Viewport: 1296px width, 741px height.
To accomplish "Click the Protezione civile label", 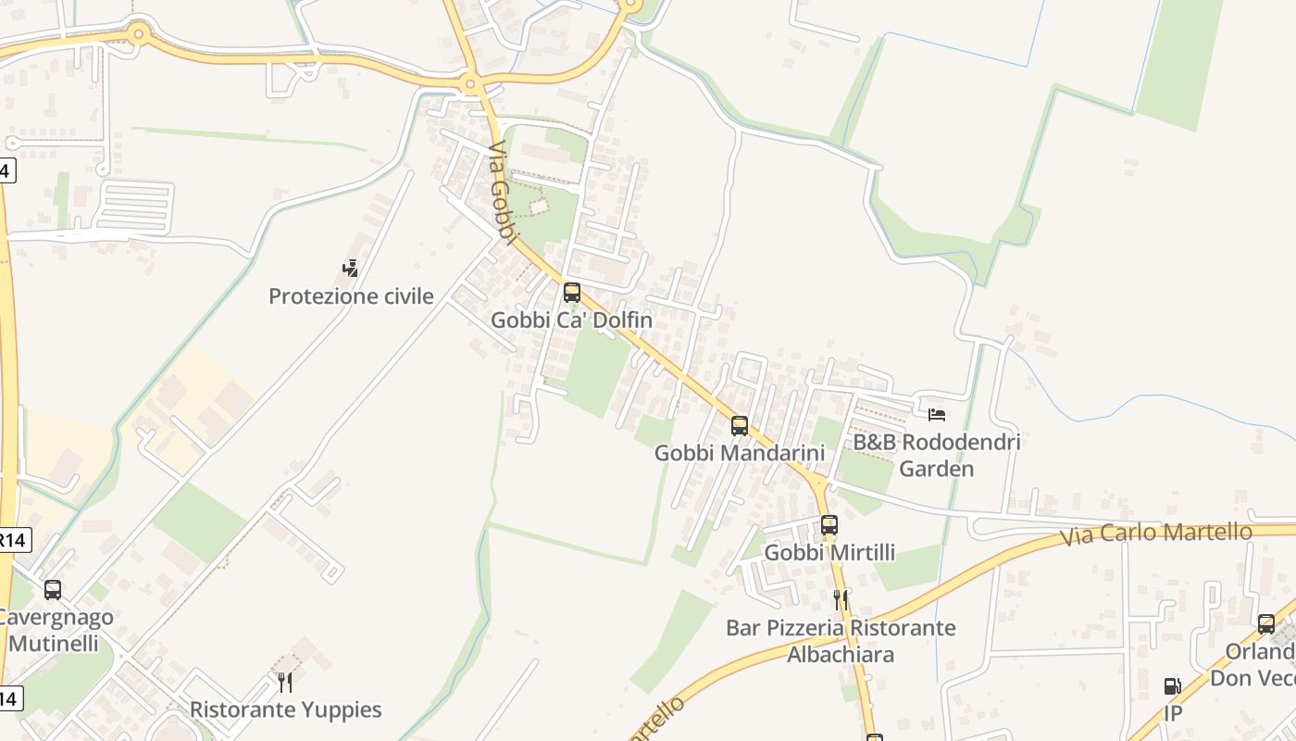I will (351, 296).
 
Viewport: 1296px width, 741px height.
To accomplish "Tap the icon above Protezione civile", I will (350, 269).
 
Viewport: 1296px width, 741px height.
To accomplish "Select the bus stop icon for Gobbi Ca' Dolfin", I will (572, 293).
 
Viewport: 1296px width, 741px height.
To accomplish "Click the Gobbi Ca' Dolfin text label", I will (571, 320).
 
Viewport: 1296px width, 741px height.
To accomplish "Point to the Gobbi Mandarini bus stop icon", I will (739, 426).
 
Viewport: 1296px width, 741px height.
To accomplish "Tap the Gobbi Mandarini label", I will (739, 454).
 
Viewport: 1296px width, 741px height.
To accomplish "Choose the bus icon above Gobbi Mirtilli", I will (829, 525).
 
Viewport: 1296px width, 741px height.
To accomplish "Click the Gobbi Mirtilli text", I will (829, 553).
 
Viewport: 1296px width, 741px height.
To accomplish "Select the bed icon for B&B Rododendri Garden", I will (937, 414).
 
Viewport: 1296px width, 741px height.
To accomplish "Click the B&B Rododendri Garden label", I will (937, 455).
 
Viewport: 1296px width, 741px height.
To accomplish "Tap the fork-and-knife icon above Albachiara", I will (841, 599).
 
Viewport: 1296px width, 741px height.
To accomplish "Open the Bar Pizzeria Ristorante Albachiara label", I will (841, 641).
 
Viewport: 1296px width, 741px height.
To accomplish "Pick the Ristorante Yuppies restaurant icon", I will (285, 683).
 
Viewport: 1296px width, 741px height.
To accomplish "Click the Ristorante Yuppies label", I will (285, 710).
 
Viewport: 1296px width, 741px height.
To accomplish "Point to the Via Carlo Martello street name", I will (1156, 534).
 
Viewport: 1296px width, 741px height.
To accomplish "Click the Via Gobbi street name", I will (501, 194).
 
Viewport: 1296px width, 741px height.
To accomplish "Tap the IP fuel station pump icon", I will (1172, 686).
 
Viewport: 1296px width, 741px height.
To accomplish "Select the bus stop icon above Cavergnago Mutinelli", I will (53, 589).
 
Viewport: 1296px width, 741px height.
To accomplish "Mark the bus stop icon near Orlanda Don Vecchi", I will (1266, 624).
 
